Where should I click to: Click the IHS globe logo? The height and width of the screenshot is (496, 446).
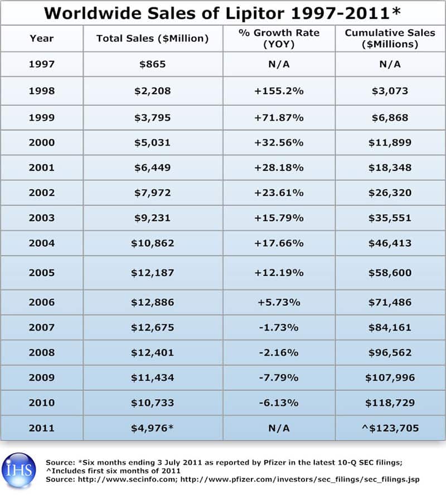pyautogui.click(x=19, y=470)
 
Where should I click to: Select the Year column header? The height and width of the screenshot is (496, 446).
pyautogui.click(x=42, y=38)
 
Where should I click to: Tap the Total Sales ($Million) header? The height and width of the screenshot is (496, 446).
pyautogui.click(x=152, y=38)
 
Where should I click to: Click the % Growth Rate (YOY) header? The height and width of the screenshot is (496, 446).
pyautogui.click(x=279, y=38)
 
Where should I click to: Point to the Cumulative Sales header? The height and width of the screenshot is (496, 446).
pyautogui.click(x=390, y=38)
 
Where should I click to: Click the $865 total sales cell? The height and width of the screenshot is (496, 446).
pyautogui.click(x=152, y=64)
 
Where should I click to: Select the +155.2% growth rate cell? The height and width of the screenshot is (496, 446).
pyautogui.click(x=279, y=91)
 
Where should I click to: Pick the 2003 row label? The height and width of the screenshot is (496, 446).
pyautogui.click(x=42, y=218)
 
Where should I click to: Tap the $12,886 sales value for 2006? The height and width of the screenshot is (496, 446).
pyautogui.click(x=152, y=302)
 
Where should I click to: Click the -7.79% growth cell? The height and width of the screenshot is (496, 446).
pyautogui.click(x=279, y=377)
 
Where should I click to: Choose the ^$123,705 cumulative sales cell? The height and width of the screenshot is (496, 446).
pyautogui.click(x=390, y=428)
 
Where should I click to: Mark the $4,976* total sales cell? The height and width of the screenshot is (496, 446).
pyautogui.click(x=152, y=428)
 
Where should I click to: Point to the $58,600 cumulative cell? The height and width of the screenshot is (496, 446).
pyautogui.click(x=390, y=273)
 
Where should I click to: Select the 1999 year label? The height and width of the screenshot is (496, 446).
pyautogui.click(x=42, y=117)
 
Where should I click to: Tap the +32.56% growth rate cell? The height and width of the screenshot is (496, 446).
pyautogui.click(x=279, y=143)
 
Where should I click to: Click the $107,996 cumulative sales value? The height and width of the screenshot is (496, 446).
pyautogui.click(x=390, y=377)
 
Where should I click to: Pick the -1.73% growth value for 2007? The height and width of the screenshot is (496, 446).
pyautogui.click(x=279, y=327)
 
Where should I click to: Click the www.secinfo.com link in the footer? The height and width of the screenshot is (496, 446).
pyautogui.click(x=127, y=479)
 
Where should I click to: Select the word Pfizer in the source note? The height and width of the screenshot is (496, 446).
pyautogui.click(x=274, y=463)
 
